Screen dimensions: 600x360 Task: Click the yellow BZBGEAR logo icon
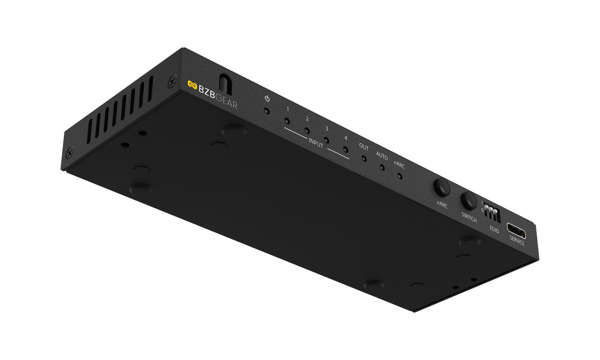coord(192,85)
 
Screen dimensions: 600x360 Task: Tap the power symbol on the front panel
coord(267,98)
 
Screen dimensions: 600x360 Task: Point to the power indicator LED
coord(266,111)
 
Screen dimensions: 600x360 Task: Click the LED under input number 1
coord(287,121)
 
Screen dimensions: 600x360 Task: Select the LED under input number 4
coord(346,149)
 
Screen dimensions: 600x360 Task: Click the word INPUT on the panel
coord(316,143)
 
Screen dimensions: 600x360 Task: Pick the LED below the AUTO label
coord(382,168)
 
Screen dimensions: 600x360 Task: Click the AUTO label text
coord(382,156)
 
